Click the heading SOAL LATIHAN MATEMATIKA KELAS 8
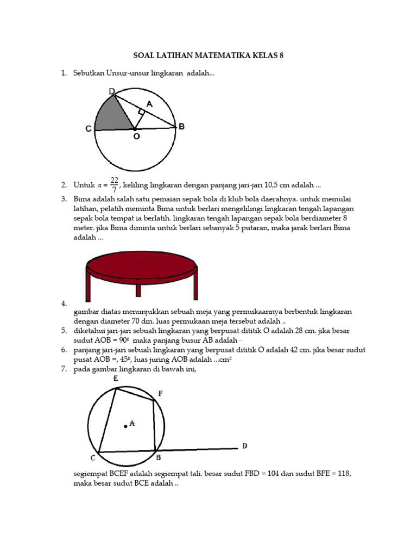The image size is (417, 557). tap(208, 56)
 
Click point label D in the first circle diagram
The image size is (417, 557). tap(111, 91)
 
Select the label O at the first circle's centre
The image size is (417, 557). tap(136, 137)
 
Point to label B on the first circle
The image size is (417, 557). tap(182, 126)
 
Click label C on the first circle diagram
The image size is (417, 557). tap(88, 129)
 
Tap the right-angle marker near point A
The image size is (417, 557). tap(141, 112)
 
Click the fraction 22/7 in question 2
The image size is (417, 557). tap(114, 185)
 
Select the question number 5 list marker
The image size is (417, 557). tap(64, 330)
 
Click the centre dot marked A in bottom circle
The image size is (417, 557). tap(126, 426)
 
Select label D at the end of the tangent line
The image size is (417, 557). tap(244, 446)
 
